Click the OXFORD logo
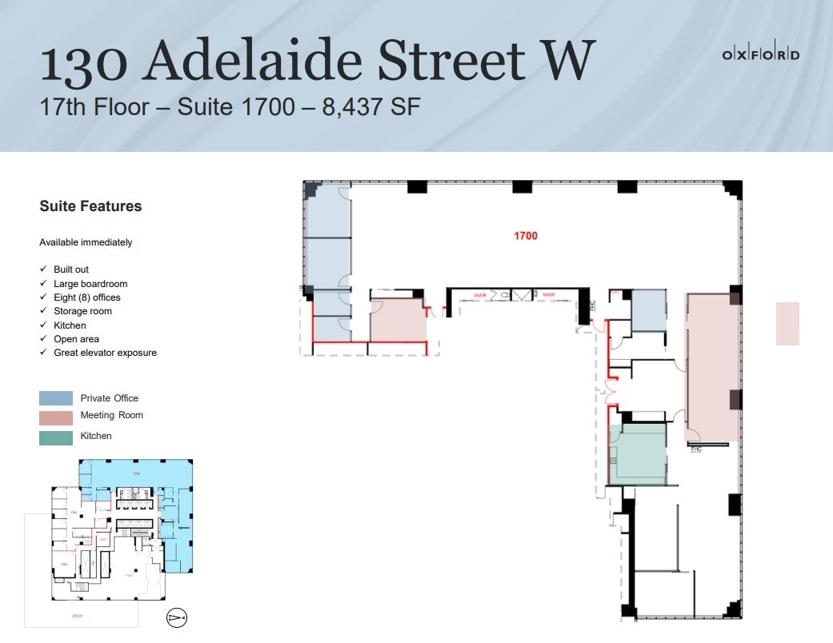point(760,55)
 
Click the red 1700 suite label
point(526,236)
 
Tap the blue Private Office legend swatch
point(56,398)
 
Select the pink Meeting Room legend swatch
point(56,416)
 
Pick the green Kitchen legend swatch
point(56,437)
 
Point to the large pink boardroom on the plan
point(711,366)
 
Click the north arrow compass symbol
point(176,617)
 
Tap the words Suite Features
point(90,206)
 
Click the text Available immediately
point(86,242)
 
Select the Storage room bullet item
point(82,311)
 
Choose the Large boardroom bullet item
point(90,284)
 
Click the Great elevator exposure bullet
point(105,353)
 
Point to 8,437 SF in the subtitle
point(371,106)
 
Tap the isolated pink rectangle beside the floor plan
point(787,323)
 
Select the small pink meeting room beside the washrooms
point(398,320)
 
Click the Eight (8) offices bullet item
point(87,298)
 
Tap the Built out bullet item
point(71,270)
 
